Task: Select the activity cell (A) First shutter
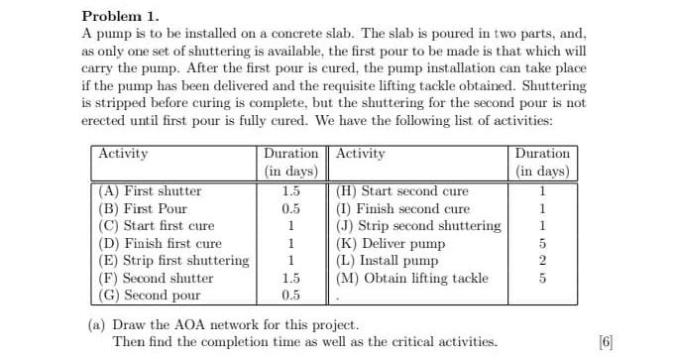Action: point(150,190)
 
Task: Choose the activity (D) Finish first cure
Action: point(160,243)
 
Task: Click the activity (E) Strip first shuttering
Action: point(174,260)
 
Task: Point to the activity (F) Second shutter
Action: point(156,278)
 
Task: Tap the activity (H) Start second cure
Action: point(403,190)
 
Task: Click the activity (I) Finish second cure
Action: point(403,208)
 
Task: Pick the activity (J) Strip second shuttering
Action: point(419,225)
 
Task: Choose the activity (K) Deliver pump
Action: point(392,243)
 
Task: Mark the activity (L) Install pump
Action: point(387,260)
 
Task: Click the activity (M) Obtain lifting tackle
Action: point(412,278)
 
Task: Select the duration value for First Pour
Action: point(290,208)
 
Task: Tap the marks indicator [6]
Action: point(606,342)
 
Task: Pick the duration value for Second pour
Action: point(290,295)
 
